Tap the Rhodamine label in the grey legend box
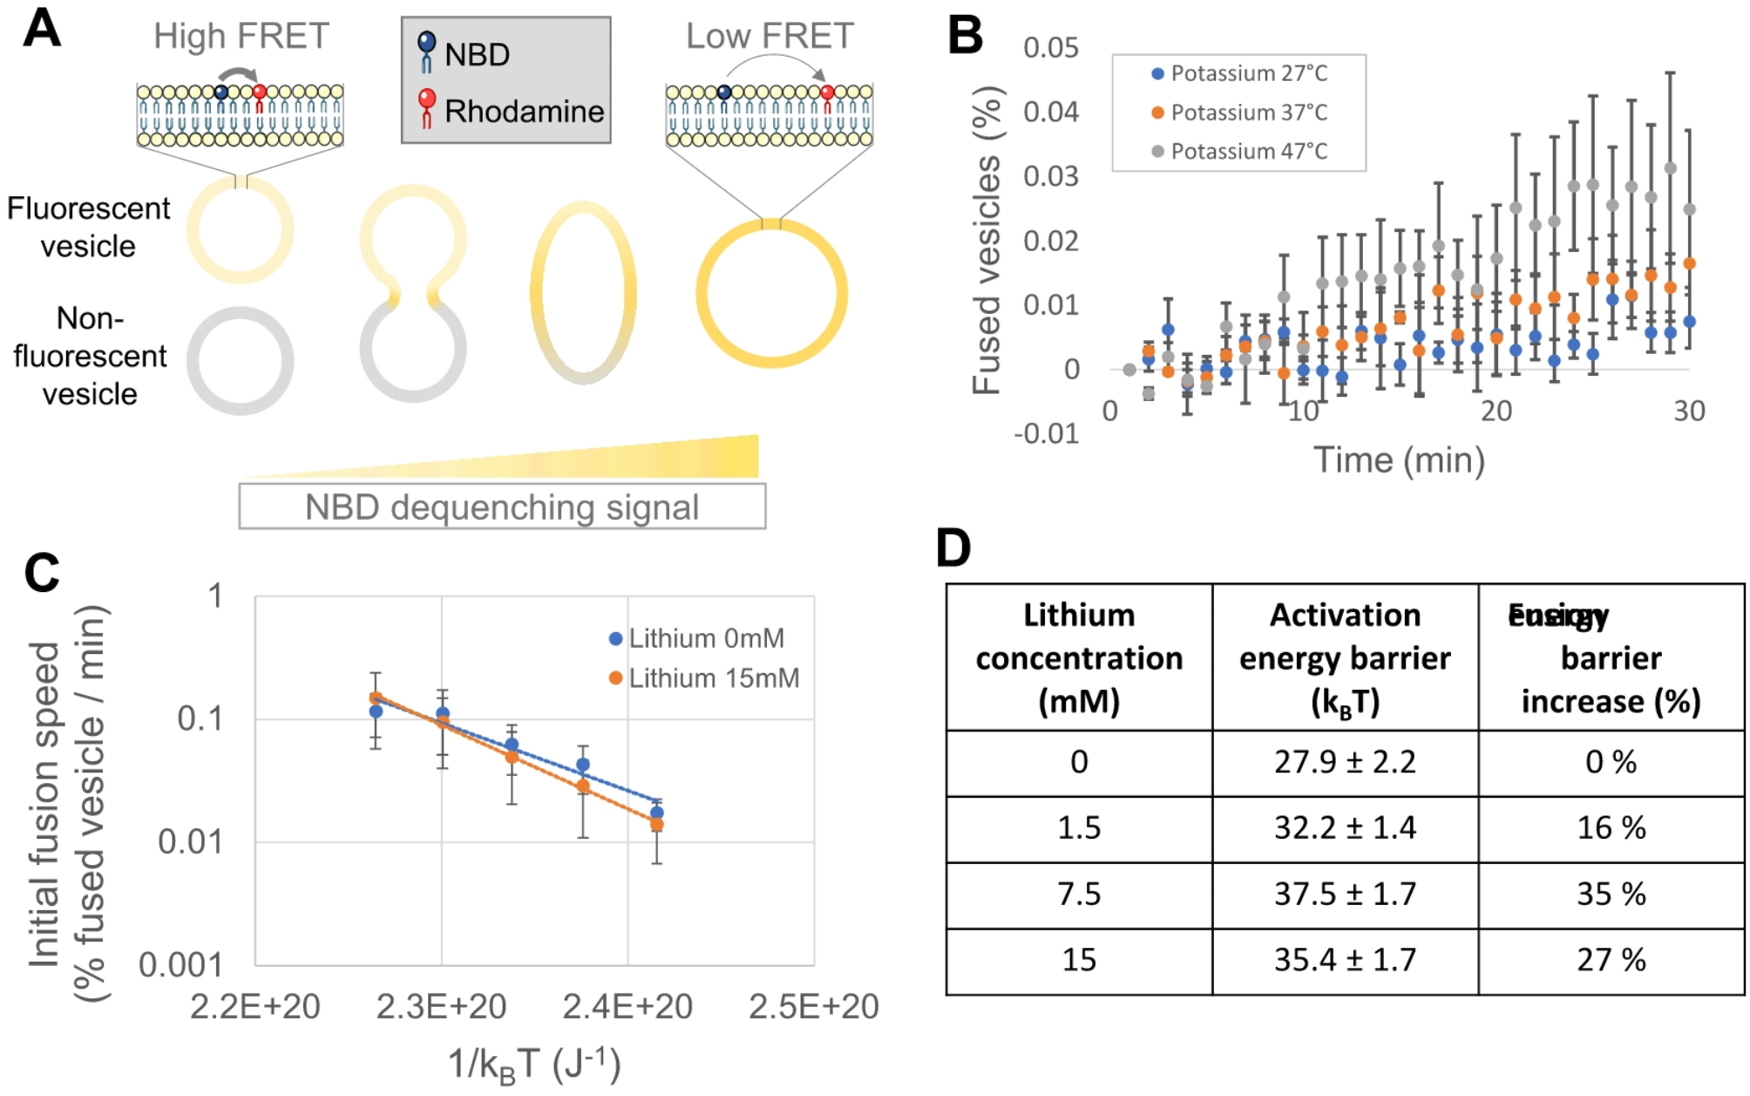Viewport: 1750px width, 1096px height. pos(523,112)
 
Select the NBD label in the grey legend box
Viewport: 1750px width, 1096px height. pos(476,55)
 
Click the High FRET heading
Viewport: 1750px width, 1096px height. pos(241,37)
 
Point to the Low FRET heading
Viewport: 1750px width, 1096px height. pos(770,37)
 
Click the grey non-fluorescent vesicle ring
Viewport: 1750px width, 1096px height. pos(241,361)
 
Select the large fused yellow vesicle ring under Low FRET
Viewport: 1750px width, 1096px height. pos(771,293)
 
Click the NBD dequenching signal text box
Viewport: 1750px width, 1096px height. pos(502,507)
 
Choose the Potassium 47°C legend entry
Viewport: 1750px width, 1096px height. pos(1248,152)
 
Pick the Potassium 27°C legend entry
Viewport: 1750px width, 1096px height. pos(1248,73)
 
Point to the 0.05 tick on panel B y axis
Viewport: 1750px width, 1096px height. pos(1050,47)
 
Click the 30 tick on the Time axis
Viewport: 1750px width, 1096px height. pos(1688,411)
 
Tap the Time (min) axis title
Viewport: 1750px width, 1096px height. pos(1399,460)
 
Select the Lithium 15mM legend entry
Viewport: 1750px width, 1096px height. pos(713,678)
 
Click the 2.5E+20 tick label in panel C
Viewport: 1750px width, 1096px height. pos(813,1007)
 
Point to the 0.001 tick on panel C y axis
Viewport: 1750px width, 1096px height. pos(180,965)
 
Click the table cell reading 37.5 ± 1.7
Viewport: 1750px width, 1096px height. pos(1345,894)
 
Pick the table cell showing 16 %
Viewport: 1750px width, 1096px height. pos(1611,827)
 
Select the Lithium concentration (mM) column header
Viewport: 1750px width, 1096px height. pos(1079,657)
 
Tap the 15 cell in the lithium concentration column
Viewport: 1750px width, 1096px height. pos(1079,960)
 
